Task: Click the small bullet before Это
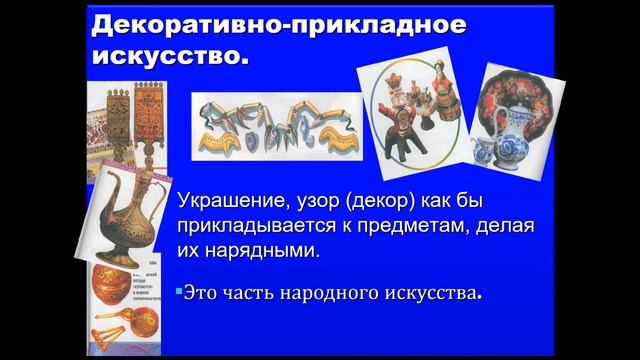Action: coord(177,293)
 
